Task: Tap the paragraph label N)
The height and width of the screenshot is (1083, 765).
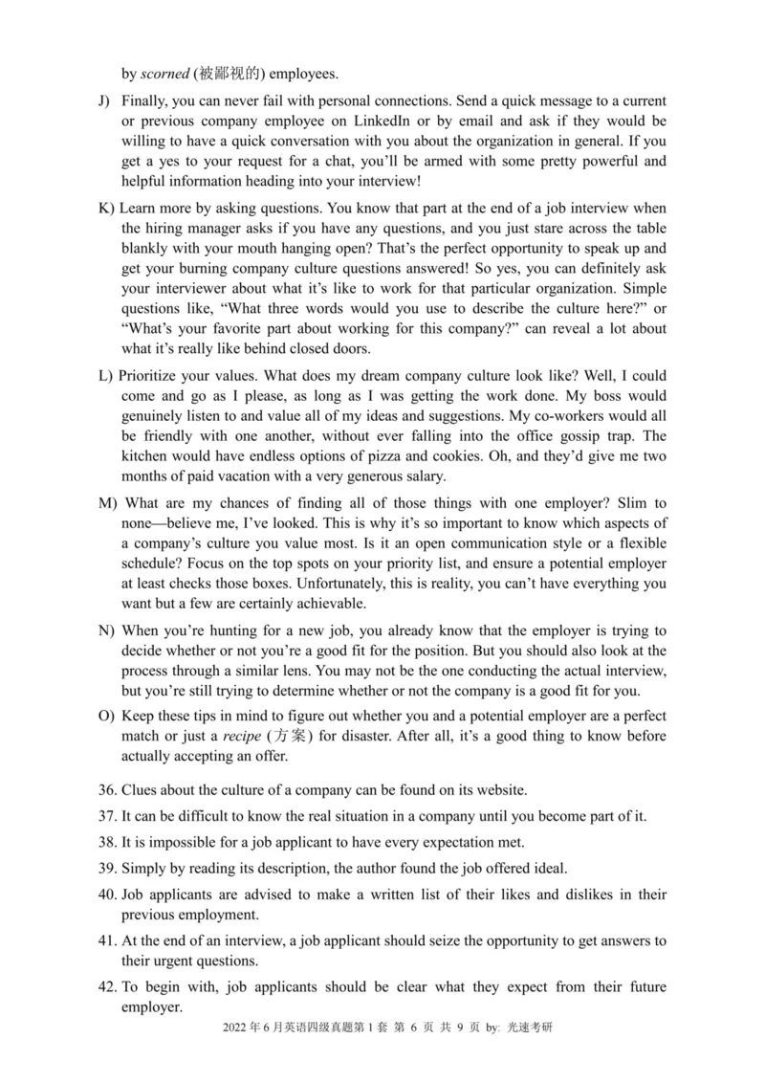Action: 107,631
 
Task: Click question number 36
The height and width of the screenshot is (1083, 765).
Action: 108,789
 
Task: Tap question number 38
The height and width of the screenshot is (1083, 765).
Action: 108,843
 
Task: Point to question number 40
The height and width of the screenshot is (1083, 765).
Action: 108,895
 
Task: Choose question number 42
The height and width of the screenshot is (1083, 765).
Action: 108,986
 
